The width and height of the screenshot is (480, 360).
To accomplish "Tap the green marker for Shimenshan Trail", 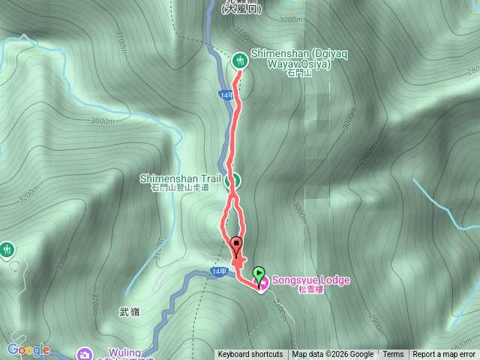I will (233, 179).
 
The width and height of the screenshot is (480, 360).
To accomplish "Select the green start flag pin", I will (259, 274).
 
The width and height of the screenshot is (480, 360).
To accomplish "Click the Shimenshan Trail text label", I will (180, 178).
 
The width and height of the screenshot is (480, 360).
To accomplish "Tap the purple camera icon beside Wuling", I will (85, 352).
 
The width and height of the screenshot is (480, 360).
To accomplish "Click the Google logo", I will (28, 350).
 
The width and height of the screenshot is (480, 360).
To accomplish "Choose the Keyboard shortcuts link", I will (250, 355).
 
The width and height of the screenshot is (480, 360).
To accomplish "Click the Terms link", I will (393, 355).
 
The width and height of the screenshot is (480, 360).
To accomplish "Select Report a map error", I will (444, 355).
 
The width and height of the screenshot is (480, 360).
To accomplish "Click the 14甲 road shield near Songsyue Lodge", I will (218, 271).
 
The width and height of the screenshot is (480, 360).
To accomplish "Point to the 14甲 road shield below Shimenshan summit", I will (227, 94).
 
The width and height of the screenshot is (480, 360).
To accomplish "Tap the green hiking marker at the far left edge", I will (7, 248).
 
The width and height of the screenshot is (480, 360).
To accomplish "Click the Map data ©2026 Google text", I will (333, 355).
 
